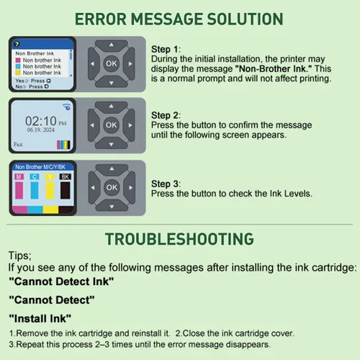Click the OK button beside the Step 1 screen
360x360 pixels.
pos(112,63)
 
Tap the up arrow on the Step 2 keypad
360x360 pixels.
pos(111,107)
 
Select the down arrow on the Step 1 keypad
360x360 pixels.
pos(112,82)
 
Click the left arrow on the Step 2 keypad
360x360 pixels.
pos(93,125)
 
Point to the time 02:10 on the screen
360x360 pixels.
pos(41,121)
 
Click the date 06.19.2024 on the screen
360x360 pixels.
pos(41,130)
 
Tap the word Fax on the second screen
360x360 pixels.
pos(18,144)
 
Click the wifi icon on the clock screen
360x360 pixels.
pos(66,107)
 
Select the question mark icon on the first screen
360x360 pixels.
pos(17,44)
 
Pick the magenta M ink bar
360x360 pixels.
pos(19,190)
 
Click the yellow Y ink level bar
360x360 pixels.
pos(50,190)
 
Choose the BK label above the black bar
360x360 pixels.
pos(65,177)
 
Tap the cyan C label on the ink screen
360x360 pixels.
pos(35,177)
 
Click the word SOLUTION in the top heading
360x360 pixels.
pos(245,19)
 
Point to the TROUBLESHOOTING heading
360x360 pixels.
pos(179,239)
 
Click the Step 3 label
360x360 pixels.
pos(166,184)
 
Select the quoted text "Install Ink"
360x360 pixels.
pos(40,319)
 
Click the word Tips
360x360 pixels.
pos(19,256)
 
